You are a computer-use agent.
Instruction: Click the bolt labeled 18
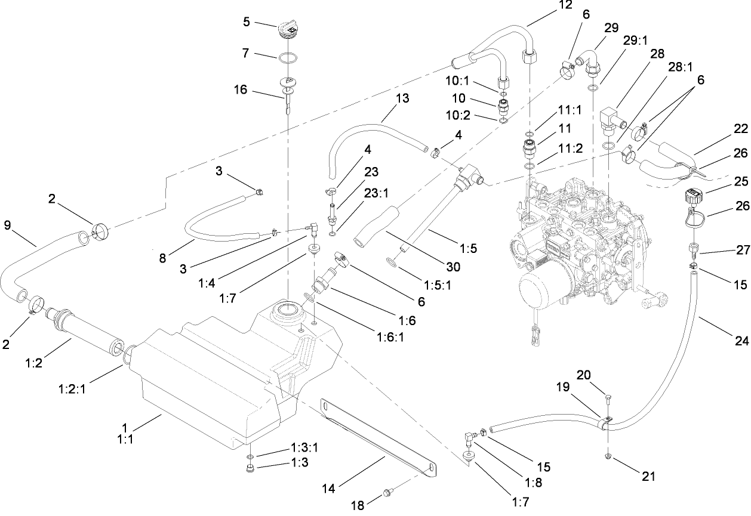click(388, 493)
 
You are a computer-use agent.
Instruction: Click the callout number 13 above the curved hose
click(402, 98)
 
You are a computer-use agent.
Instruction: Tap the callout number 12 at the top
click(565, 5)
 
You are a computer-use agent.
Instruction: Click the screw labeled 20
click(607, 398)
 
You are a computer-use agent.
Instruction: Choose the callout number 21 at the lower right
click(649, 476)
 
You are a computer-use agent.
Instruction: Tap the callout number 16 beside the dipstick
click(241, 89)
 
